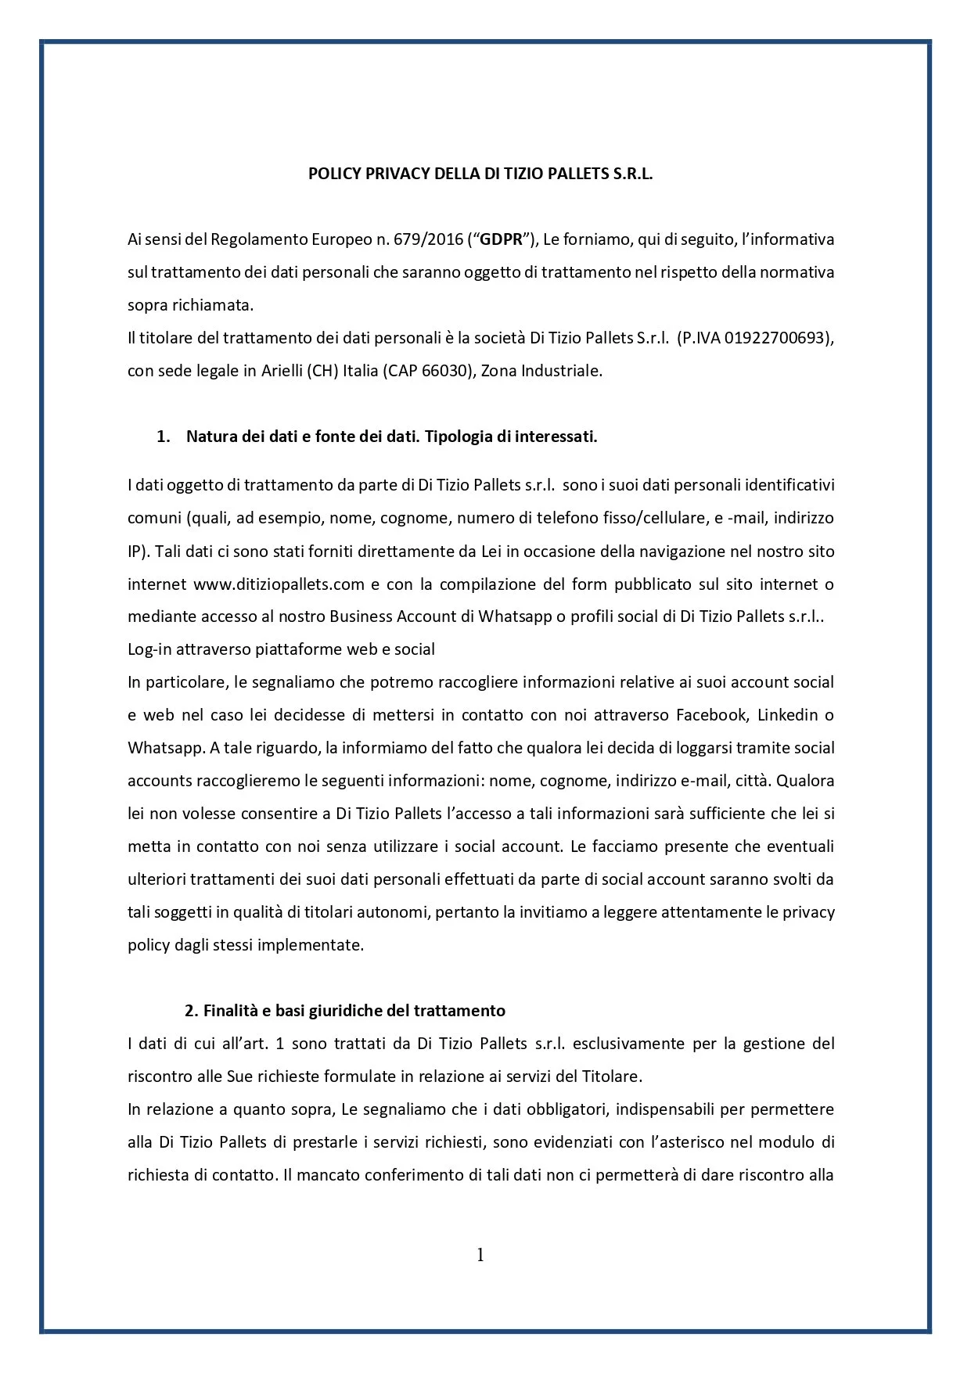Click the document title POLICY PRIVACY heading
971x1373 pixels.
click(x=480, y=174)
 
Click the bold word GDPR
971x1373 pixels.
click(x=501, y=239)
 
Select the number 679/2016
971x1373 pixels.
click(x=429, y=239)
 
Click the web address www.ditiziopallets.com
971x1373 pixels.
click(x=279, y=584)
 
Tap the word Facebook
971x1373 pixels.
click(x=711, y=715)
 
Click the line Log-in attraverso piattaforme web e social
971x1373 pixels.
click(x=281, y=649)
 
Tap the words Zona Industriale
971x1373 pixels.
click(x=541, y=371)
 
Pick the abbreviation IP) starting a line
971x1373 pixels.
click(x=138, y=551)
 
